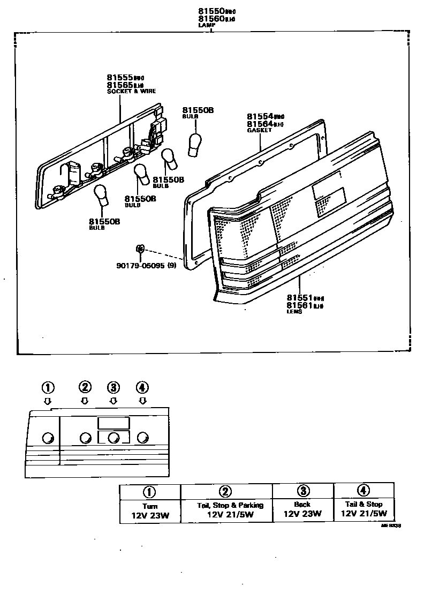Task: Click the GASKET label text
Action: tap(259, 130)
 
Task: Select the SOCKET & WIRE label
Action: tap(131, 92)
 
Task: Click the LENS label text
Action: tap(294, 312)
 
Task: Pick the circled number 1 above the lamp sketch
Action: tap(48, 387)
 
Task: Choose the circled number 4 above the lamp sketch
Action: tap(142, 387)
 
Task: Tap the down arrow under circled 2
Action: tap(85, 401)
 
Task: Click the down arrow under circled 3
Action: tap(113, 401)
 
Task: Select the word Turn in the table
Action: tap(150, 506)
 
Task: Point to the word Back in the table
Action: tap(302, 505)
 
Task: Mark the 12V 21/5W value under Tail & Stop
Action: tap(364, 514)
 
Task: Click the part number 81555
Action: tap(120, 78)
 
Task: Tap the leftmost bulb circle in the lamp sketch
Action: tap(47, 438)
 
